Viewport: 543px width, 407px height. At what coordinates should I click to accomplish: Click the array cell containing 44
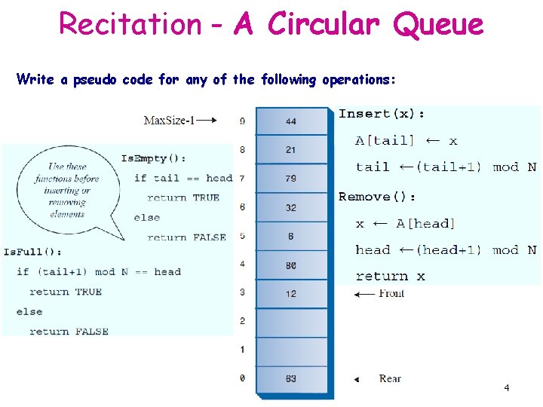coord(291,121)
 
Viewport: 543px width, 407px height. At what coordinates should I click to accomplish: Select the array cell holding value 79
coord(291,179)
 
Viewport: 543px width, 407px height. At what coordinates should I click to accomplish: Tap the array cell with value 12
coord(291,293)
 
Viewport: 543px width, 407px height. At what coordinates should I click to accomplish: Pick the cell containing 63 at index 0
coord(291,378)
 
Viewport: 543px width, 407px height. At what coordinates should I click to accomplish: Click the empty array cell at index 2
coord(291,322)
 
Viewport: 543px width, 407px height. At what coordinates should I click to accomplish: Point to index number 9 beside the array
coord(242,121)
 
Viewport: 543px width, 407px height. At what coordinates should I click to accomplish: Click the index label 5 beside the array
coord(242,235)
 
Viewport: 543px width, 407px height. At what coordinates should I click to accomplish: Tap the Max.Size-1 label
coord(169,120)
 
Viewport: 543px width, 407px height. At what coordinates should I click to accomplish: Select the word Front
coord(391,293)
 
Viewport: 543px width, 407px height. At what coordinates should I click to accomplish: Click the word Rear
coord(390,378)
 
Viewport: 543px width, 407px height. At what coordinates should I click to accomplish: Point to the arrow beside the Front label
coord(364,294)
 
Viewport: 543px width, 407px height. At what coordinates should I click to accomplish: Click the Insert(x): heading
coord(382,114)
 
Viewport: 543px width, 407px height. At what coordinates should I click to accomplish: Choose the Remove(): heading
coord(377,197)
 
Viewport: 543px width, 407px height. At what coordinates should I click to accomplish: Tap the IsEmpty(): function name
coord(153,158)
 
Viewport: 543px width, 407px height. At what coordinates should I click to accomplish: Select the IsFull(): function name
coord(33,252)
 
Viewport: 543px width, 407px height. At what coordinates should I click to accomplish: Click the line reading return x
coord(390,277)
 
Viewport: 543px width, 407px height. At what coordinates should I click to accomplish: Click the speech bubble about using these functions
coord(67,190)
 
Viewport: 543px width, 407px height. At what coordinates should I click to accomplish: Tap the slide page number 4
coord(506,387)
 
